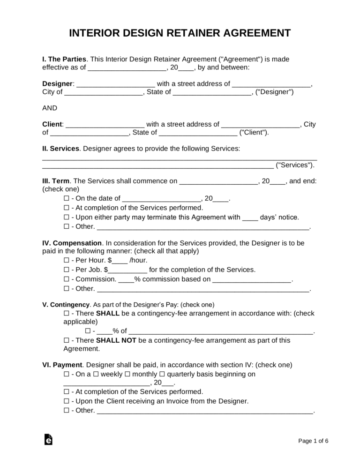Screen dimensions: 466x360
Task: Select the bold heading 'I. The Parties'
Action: click(x=64, y=59)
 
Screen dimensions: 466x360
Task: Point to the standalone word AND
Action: click(x=50, y=108)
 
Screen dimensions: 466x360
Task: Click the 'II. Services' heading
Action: click(x=60, y=149)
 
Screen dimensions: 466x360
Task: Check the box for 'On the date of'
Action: click(x=66, y=198)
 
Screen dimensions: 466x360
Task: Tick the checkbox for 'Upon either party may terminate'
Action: click(x=66, y=217)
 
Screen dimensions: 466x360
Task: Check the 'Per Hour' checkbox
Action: click(x=66, y=260)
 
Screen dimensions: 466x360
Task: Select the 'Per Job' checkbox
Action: click(x=66, y=270)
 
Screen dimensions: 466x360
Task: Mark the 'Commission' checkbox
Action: click(x=66, y=279)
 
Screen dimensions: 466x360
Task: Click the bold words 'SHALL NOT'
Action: click(x=112, y=340)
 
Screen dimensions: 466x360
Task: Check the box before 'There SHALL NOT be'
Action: click(x=66, y=340)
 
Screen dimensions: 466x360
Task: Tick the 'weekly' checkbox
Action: click(x=95, y=374)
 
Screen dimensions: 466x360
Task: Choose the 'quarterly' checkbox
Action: click(x=162, y=374)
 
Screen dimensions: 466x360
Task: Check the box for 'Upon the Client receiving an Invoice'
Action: click(x=66, y=401)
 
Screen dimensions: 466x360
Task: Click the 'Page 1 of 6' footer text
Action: click(x=313, y=441)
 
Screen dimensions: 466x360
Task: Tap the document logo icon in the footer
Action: click(x=48, y=440)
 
